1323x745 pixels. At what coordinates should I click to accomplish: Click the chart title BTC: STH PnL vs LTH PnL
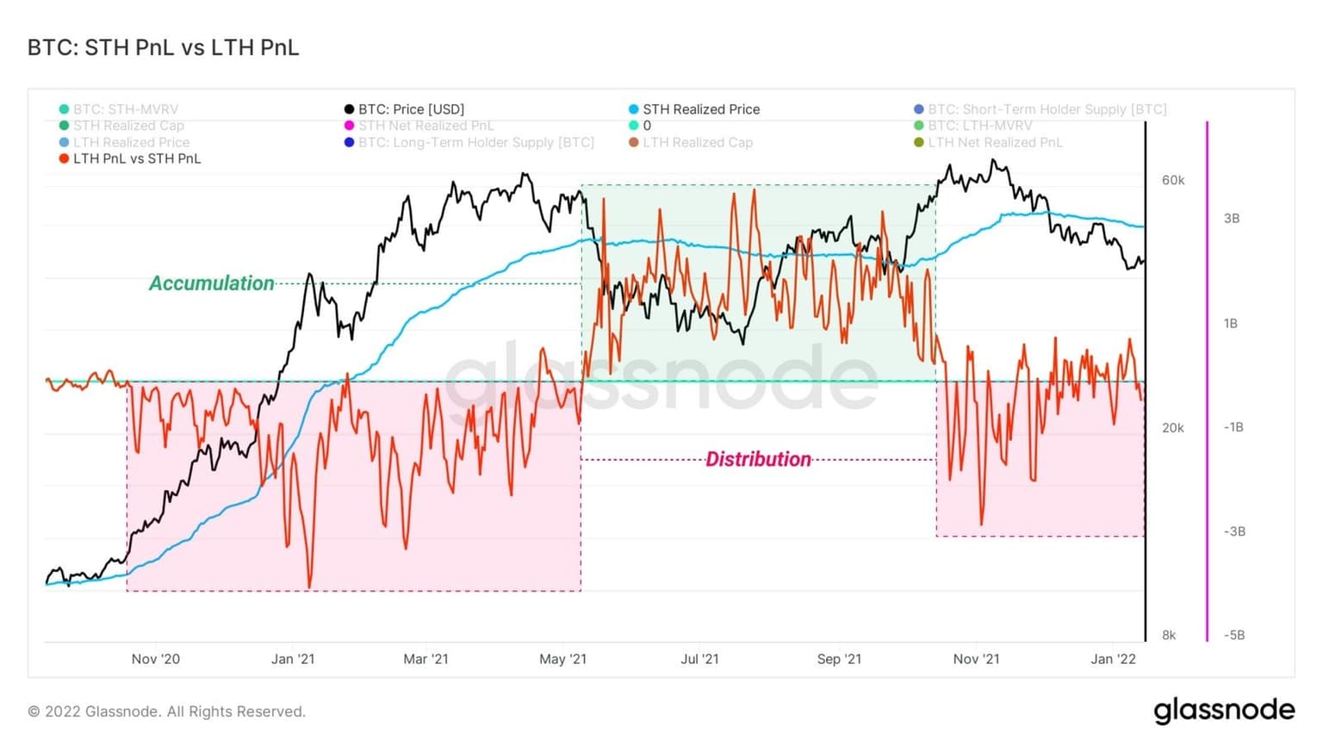coord(163,47)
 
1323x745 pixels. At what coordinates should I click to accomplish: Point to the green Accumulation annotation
coord(211,283)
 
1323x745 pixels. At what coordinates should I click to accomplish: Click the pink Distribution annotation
coord(758,459)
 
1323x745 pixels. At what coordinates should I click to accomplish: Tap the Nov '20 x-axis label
coord(156,659)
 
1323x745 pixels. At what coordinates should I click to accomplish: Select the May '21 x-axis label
coord(562,659)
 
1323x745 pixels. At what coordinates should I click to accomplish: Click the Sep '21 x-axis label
coord(839,659)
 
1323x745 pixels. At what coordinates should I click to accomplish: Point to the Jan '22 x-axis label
coord(1113,659)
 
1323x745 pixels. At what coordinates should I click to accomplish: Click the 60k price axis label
coord(1173,180)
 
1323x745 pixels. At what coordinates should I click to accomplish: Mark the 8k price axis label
coord(1169,635)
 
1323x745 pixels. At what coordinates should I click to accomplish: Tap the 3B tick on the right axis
coord(1232,219)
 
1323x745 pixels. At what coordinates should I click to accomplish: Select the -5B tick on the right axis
coord(1233,635)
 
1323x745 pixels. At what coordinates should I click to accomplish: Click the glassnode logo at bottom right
coord(1224,711)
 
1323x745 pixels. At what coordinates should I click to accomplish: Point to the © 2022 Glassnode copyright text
coord(166,711)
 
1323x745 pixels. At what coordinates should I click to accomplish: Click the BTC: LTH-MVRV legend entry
coord(979,126)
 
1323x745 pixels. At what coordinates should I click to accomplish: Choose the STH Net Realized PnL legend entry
coord(425,126)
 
